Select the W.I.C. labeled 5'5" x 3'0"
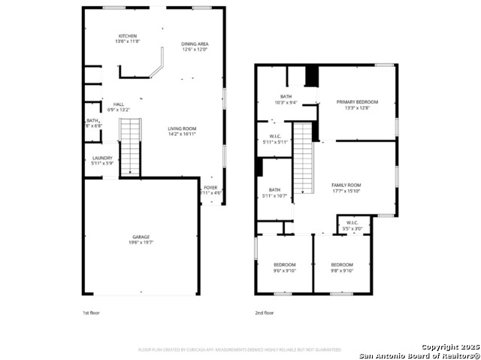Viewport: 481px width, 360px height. pos(352,225)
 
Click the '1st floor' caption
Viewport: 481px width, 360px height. pos(90,313)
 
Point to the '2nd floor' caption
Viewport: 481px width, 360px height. pos(264,313)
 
